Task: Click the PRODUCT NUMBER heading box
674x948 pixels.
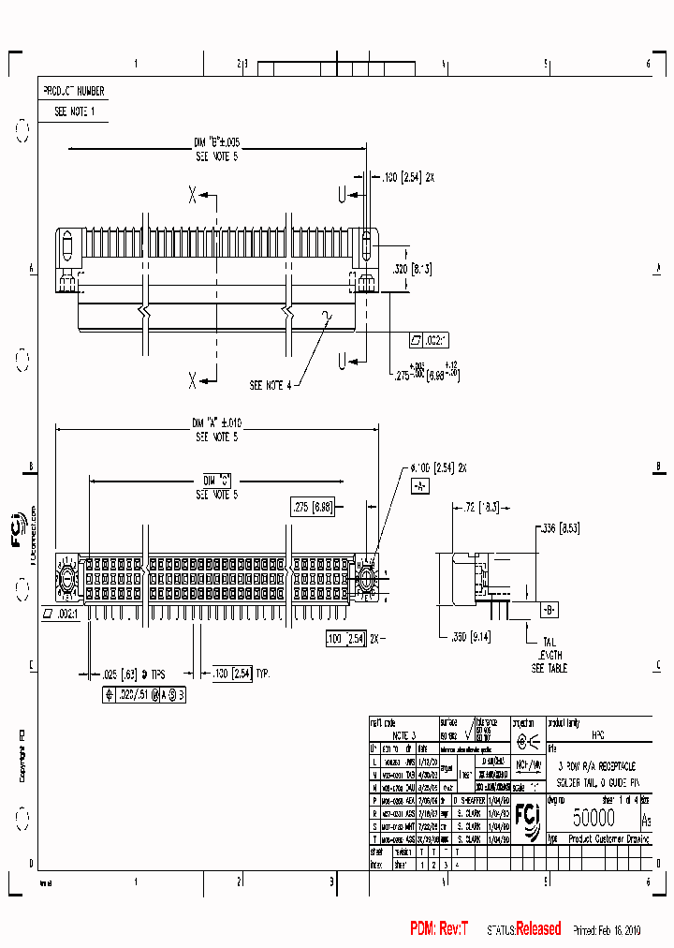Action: (x=73, y=92)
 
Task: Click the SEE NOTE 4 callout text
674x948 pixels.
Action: (x=271, y=385)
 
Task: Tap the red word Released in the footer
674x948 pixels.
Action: (x=538, y=928)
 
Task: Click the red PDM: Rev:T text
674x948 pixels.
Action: (x=438, y=928)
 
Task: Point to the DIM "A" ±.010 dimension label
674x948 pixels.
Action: (x=216, y=423)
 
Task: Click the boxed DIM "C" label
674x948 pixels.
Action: (x=217, y=480)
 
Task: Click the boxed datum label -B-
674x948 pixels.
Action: (x=549, y=610)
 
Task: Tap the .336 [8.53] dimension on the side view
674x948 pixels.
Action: (x=560, y=528)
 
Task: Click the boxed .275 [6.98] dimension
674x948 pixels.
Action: (x=314, y=507)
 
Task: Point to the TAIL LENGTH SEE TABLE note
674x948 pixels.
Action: (x=549, y=655)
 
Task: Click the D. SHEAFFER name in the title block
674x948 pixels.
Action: (x=471, y=800)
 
